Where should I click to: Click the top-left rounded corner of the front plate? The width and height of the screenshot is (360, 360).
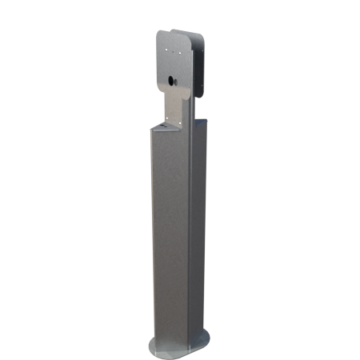click(160, 34)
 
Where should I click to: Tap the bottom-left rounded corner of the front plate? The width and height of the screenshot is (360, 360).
click(158, 86)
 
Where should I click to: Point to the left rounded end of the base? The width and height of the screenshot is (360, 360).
click(150, 347)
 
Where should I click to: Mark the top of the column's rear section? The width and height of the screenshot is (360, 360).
click(199, 121)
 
